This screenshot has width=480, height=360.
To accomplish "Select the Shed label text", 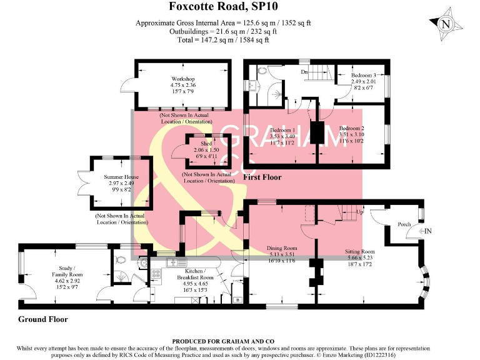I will click(198, 142).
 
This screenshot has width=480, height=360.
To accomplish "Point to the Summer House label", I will click(121, 177).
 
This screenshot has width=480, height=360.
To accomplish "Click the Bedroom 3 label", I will click(364, 75).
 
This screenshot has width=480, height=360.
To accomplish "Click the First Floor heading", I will click(262, 177).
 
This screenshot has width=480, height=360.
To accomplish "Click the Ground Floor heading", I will click(43, 319).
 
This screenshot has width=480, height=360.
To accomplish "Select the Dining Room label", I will click(282, 247).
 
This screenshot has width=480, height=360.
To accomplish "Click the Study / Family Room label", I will click(67, 272).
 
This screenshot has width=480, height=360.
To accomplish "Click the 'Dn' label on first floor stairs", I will click(304, 72).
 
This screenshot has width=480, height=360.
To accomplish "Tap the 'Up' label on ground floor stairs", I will click(359, 212).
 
